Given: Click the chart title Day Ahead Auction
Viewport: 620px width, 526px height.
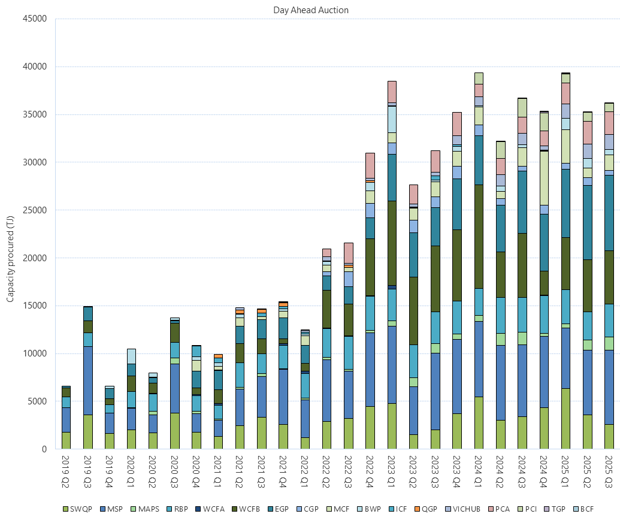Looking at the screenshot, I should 311,10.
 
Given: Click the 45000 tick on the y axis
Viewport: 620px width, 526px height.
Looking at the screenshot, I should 34,19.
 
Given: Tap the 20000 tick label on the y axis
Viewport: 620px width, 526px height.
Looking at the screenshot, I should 34,258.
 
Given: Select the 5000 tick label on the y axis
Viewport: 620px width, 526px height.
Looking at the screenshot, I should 37,401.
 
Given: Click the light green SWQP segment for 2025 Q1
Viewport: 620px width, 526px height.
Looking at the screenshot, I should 565,419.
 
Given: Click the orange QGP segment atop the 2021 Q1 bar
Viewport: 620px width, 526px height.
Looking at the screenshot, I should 218,356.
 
